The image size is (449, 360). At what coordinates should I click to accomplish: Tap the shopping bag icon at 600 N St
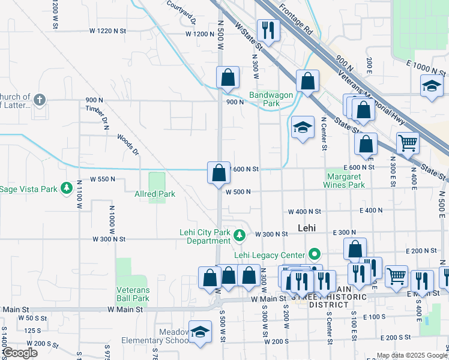click(219, 173)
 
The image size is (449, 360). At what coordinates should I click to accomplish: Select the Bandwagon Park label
click(265, 99)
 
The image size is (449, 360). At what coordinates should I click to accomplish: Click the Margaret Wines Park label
click(346, 181)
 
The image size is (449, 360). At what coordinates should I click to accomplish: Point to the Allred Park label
click(155, 194)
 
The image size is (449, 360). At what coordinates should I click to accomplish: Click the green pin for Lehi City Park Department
click(240, 234)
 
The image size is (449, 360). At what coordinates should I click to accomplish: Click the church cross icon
click(40, 100)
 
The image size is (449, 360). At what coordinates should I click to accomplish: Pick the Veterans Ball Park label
click(133, 293)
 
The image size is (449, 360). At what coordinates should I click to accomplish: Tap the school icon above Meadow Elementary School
click(200, 331)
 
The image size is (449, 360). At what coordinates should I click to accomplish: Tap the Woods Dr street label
click(127, 144)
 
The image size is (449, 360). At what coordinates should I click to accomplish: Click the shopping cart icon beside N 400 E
click(408, 143)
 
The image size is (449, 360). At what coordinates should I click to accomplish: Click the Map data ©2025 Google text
click(411, 355)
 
